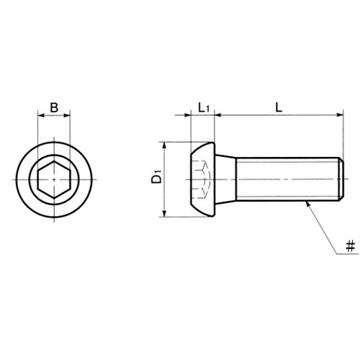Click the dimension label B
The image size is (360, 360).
(54, 107)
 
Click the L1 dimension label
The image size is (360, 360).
(204, 108)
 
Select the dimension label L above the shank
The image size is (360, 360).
(279, 107)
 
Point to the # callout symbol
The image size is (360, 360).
(351, 247)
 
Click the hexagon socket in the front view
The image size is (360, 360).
(54, 179)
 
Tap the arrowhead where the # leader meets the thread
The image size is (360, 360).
(307, 204)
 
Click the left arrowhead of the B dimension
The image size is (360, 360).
(41, 116)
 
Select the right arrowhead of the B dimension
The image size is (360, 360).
(67, 116)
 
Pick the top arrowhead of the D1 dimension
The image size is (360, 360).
(164, 145)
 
